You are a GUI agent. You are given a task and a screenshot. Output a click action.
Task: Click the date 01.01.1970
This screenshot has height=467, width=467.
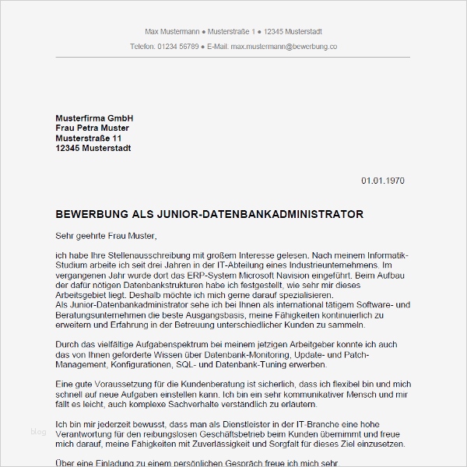click(x=383, y=181)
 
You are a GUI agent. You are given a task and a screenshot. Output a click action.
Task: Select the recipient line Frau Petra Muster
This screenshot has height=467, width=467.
click(x=93, y=128)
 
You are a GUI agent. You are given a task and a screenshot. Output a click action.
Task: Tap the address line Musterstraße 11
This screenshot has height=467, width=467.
click(x=89, y=138)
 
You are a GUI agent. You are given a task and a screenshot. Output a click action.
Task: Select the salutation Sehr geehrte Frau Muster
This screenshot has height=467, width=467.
click(x=107, y=234)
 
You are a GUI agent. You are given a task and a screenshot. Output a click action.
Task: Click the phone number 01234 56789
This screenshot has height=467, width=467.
click(x=177, y=47)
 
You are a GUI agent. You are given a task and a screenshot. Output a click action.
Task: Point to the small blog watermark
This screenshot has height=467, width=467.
click(x=38, y=432)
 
